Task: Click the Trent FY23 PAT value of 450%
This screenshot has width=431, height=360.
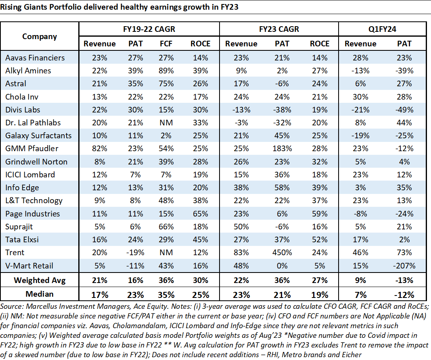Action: (282, 253)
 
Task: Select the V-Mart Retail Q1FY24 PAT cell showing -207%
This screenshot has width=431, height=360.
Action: (404, 266)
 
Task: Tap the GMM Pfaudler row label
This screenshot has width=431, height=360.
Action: (32, 149)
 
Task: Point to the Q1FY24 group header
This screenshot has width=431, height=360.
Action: (382, 29)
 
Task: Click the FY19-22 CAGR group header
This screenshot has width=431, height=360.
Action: (149, 29)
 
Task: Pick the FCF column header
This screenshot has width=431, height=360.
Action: (166, 44)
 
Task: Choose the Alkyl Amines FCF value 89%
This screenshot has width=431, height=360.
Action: (166, 71)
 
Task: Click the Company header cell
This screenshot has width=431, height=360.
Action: (40, 37)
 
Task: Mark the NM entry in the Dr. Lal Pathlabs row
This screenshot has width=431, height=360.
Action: (166, 123)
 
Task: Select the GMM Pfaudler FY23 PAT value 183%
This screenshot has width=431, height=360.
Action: (282, 149)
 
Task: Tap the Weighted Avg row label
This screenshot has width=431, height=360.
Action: (40, 280)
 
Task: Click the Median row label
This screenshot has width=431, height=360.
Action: (40, 294)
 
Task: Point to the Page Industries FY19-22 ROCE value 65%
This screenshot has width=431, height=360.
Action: (201, 214)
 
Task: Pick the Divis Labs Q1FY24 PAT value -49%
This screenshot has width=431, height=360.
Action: (404, 110)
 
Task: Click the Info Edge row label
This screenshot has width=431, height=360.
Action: (22, 187)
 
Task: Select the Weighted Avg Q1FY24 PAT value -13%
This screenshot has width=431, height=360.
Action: (404, 280)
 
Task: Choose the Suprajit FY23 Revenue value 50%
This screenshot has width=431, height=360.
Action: (241, 227)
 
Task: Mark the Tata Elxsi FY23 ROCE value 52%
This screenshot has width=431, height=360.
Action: (320, 240)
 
